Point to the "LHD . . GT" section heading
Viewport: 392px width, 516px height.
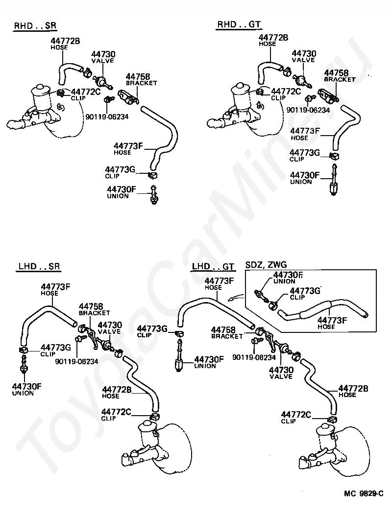pyautogui.click(x=213, y=266)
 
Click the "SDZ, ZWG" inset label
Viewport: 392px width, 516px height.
pyautogui.click(x=265, y=265)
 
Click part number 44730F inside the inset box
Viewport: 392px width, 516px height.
pyautogui.click(x=288, y=275)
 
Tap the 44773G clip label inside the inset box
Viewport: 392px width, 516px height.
pyautogui.click(x=306, y=291)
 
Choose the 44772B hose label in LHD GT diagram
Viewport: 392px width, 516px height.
pyautogui.click(x=353, y=389)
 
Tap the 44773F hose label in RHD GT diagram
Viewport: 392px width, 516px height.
pyautogui.click(x=305, y=131)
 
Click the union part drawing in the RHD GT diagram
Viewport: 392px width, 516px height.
pyautogui.click(x=334, y=182)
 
